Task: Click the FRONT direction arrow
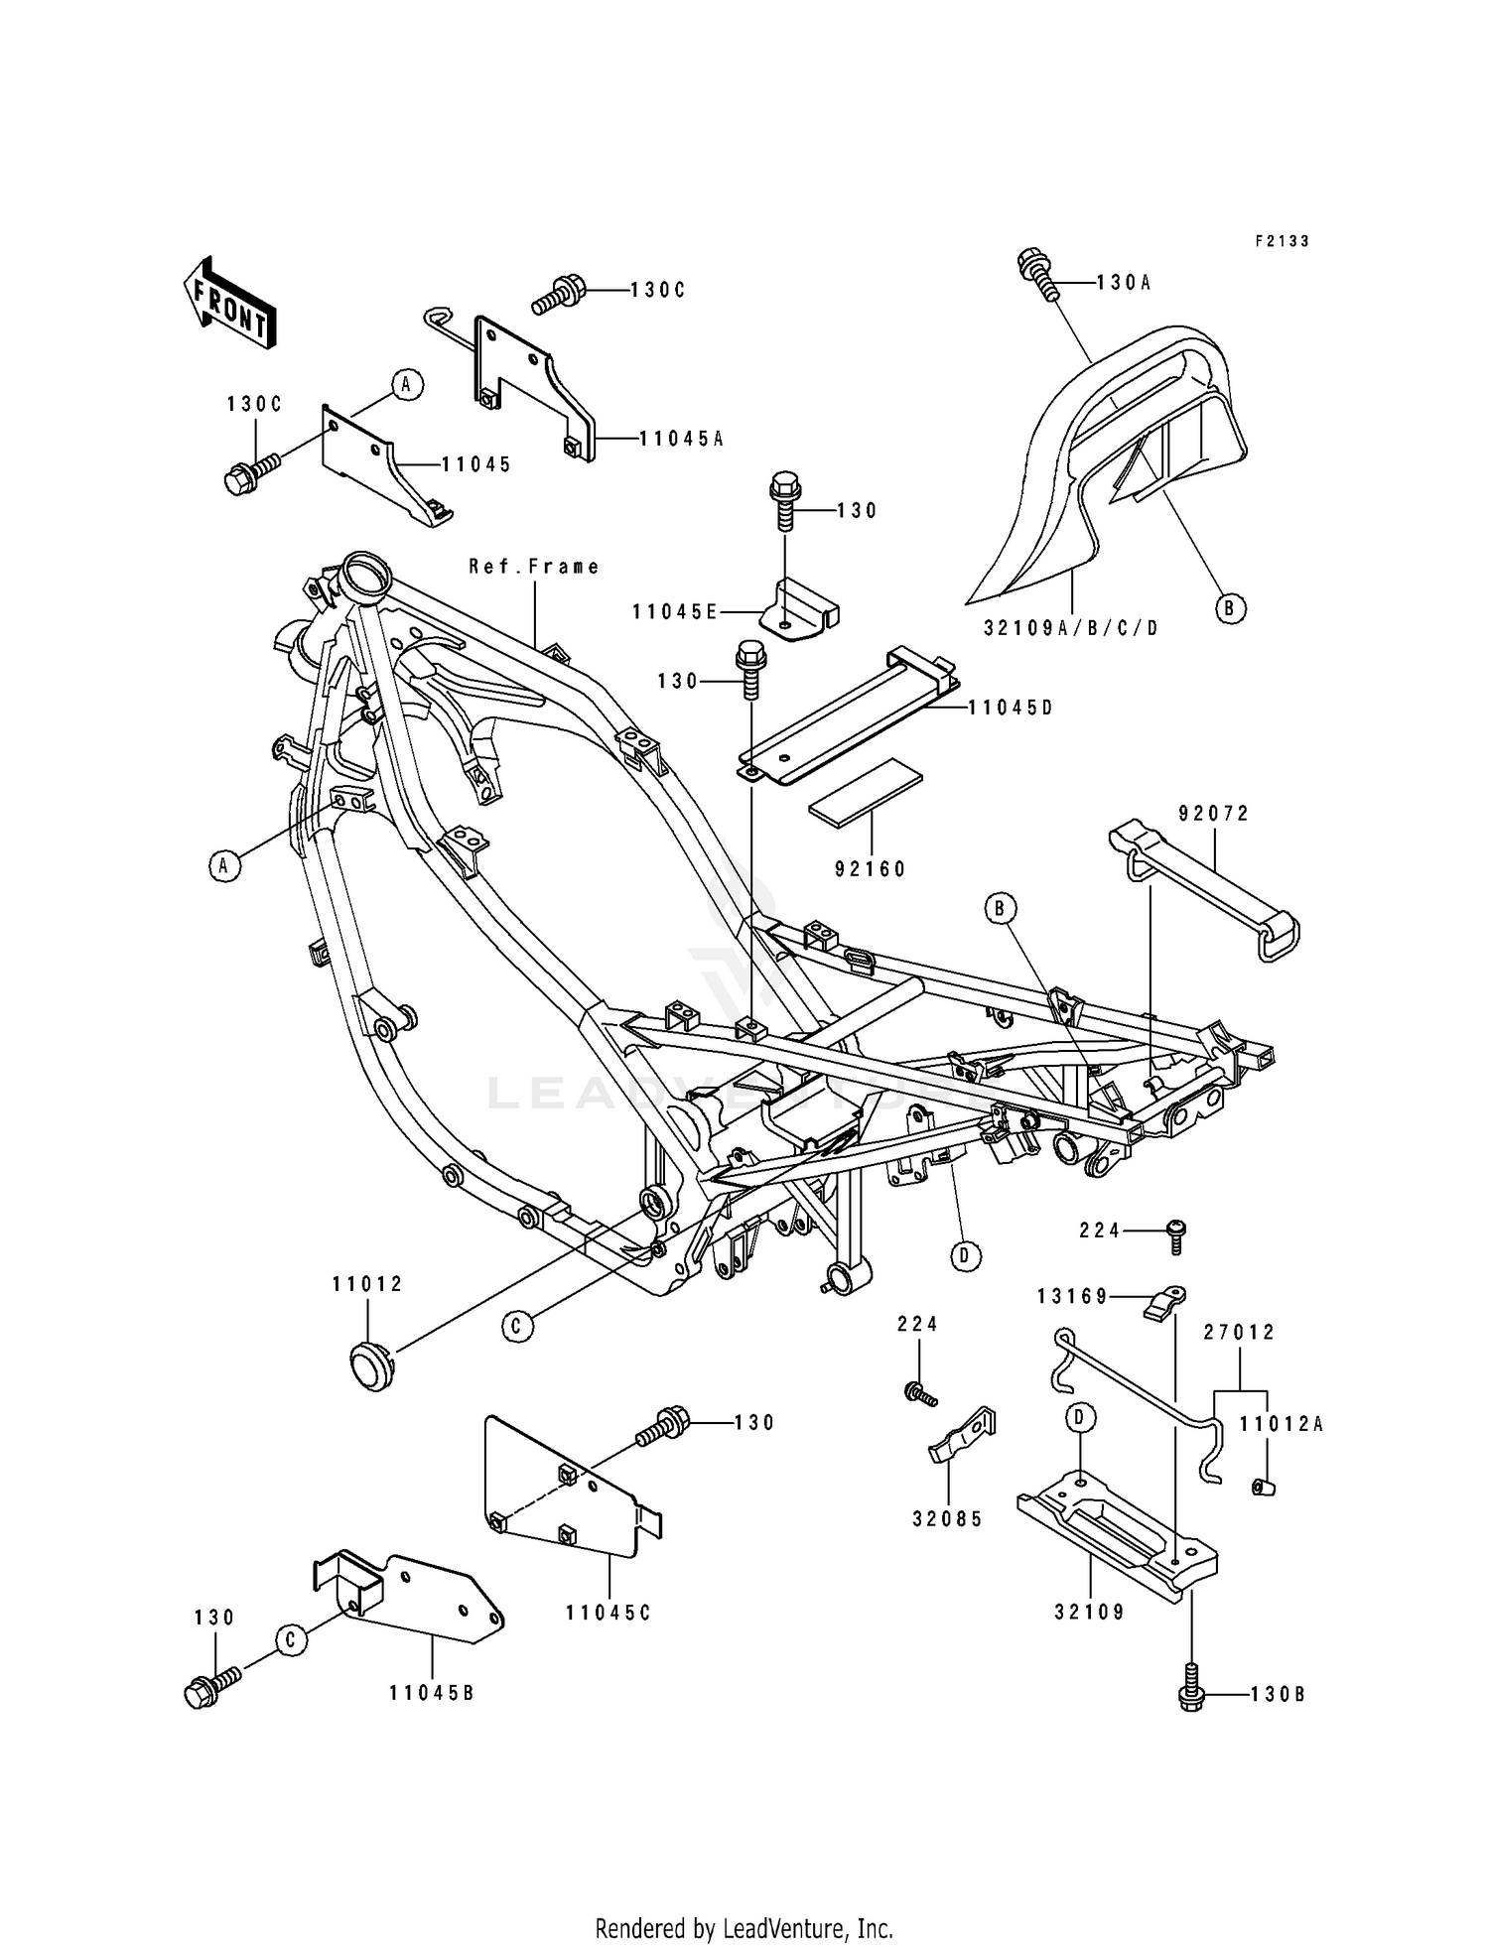coord(227,304)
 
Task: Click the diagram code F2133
coord(1282,241)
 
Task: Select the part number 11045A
coord(681,438)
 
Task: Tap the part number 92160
coord(871,869)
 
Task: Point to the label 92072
coord(1213,814)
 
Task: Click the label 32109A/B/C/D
coord(1071,628)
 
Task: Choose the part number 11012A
coord(1281,1425)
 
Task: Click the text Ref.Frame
coord(534,567)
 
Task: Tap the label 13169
coord(1072,1296)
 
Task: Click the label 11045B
coord(432,1692)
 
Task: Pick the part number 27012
coord(1240,1333)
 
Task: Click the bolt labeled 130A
coord(1035,272)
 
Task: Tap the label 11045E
coord(674,612)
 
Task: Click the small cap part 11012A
coord(1263,1486)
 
